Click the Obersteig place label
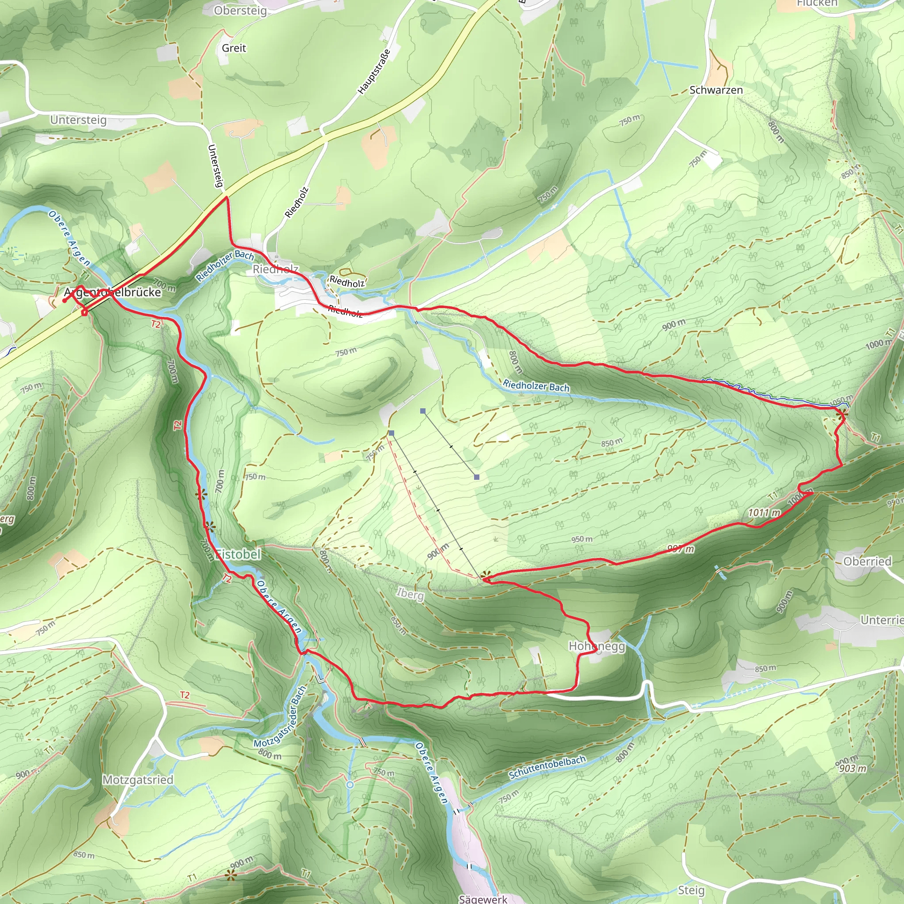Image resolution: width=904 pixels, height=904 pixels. point(240,10)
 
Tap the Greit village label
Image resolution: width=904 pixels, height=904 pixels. point(234,48)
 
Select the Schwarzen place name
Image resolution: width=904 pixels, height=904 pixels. point(716,90)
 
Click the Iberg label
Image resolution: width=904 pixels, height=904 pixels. point(411,594)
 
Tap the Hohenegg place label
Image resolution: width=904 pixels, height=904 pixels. point(597,646)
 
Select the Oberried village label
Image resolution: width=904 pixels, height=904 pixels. point(867,561)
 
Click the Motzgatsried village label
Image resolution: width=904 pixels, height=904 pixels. point(138,780)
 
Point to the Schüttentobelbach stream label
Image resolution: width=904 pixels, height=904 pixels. point(547,767)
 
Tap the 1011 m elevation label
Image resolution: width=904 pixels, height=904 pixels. point(764,512)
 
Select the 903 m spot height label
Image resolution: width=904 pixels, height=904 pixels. point(852,768)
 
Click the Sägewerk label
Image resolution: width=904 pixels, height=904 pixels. point(482,898)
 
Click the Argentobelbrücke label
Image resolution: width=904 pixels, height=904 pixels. point(112,293)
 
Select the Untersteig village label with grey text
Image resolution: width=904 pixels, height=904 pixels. point(78,120)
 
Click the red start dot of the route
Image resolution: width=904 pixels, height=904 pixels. point(64,301)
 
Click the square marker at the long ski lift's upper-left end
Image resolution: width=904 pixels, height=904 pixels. point(391,433)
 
